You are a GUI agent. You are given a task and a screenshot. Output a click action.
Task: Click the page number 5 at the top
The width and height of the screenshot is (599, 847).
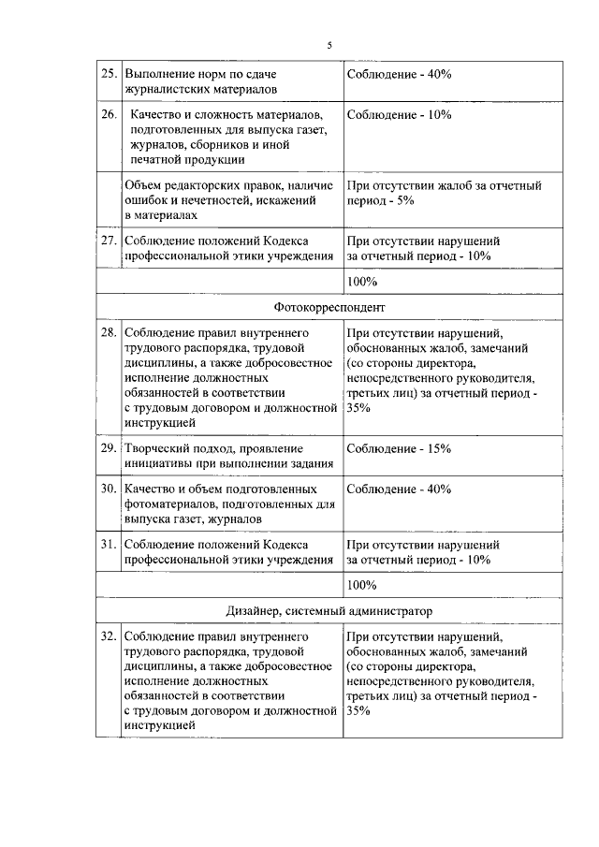pos(329,44)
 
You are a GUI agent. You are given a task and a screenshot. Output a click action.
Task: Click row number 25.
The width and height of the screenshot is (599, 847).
pos(109,74)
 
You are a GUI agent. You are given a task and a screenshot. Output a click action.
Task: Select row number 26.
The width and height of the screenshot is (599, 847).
pos(109,115)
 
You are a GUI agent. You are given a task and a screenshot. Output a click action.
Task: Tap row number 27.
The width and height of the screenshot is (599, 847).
pos(109,241)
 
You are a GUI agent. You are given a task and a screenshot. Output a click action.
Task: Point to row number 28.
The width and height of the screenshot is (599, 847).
pos(109,331)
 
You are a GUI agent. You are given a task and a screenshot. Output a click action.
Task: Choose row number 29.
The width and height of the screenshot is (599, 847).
pos(109,448)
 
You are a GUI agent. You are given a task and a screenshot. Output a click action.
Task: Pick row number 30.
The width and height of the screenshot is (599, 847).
pos(109,489)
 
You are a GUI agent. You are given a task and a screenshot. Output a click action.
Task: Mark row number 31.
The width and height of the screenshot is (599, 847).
pos(109,544)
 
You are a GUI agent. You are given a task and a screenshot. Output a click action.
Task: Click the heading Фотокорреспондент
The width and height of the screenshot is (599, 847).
pos(329,307)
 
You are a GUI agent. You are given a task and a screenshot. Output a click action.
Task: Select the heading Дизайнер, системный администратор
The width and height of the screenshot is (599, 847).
pos(329,611)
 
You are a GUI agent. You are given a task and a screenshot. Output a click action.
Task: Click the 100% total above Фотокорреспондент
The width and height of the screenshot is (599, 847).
pos(361,281)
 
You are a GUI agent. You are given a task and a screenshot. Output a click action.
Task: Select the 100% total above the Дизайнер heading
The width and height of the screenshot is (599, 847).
pos(361,585)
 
